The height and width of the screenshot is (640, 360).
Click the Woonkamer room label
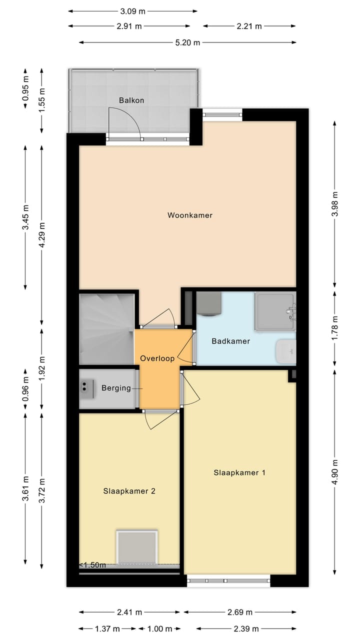click(189, 215)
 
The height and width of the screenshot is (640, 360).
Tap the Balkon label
click(131, 100)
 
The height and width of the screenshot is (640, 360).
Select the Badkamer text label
click(230, 341)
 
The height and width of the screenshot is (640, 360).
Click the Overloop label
click(157, 358)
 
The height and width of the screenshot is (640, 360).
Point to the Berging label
click(116, 388)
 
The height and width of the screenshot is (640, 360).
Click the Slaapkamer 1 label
click(239, 472)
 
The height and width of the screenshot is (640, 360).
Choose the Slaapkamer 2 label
click(129, 491)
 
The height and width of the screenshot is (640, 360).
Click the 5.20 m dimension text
click(187, 43)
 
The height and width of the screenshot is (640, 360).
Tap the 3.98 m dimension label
click(335, 204)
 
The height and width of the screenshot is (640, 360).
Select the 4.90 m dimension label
click(335, 471)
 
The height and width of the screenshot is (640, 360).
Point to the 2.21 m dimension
click(249, 26)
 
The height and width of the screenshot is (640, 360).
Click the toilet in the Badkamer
click(285, 351)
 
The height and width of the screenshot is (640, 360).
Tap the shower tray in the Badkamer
click(274, 312)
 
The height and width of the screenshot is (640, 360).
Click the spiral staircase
click(106, 328)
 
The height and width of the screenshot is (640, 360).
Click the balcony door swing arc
click(125, 122)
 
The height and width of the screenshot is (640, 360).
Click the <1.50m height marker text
click(93, 565)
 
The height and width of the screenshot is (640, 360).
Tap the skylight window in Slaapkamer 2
click(137, 547)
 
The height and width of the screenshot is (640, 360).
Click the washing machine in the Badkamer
click(210, 304)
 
